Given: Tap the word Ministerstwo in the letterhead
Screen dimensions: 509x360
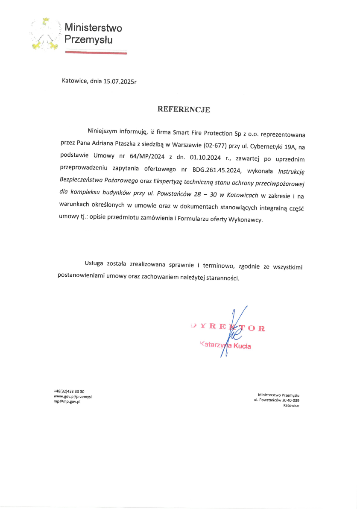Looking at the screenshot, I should tap(93, 28).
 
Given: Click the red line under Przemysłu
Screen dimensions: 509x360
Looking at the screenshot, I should tap(96, 53).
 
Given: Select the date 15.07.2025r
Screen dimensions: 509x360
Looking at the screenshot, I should tap(120, 80).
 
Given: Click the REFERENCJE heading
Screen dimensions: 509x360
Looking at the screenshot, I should tap(184, 109).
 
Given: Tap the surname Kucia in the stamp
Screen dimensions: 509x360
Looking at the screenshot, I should tap(242, 346).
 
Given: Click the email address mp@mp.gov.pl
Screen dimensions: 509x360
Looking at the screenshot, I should tap(67, 402).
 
